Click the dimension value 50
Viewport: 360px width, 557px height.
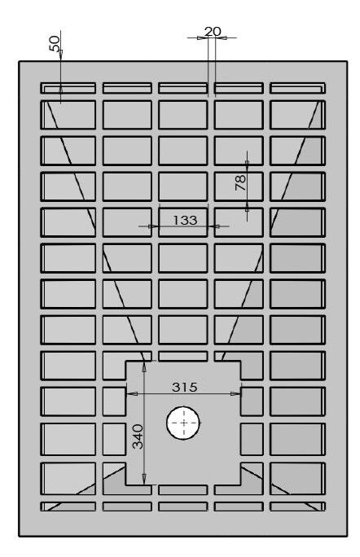[55, 43]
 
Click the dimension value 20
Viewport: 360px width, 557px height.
[213, 32]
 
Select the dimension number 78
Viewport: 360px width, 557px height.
[240, 182]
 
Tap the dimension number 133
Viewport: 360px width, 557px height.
[185, 220]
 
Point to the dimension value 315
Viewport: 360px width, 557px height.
[184, 387]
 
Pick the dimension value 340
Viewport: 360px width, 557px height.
[138, 436]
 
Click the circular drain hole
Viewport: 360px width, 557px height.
[183, 423]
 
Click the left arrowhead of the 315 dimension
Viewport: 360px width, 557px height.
[132, 393]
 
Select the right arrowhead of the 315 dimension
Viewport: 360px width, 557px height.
[235, 393]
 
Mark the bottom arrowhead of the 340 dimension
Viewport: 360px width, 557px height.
[144, 479]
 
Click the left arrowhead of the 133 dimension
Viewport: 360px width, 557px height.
[153, 226]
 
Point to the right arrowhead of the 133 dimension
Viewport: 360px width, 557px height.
[214, 226]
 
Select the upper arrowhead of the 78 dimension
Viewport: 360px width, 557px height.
[247, 166]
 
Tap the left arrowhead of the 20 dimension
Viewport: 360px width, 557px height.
[203, 37]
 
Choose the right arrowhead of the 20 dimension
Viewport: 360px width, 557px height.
[221, 37]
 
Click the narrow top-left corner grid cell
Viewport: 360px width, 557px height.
[68, 88]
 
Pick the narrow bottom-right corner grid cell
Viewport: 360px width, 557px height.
[297, 507]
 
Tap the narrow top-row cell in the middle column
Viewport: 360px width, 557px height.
[183, 88]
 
